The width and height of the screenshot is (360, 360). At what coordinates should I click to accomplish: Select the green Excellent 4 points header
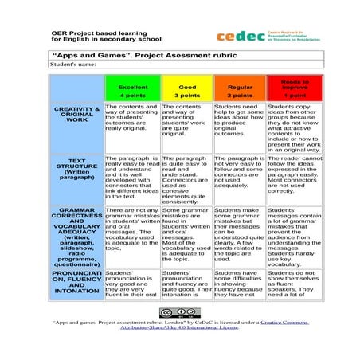[131, 89]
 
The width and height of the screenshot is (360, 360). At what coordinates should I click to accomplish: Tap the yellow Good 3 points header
[187, 89]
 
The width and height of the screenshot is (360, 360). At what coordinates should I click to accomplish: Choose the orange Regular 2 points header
[240, 89]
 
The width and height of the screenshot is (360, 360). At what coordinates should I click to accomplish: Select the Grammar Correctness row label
[77, 235]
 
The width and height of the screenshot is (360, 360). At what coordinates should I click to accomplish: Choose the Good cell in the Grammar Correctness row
[187, 235]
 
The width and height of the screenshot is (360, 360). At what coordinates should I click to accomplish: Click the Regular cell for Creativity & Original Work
[240, 119]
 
